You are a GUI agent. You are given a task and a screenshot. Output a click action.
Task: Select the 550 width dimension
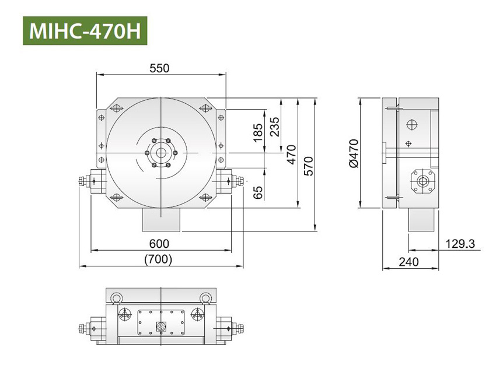click(159, 68)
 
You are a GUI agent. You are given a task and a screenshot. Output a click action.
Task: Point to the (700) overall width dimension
click(158, 259)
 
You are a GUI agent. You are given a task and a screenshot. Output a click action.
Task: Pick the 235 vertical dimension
click(274, 125)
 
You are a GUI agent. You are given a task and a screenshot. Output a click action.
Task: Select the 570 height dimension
click(309, 165)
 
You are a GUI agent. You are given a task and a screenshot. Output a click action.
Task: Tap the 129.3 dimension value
click(460, 243)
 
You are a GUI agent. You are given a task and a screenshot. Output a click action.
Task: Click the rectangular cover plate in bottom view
click(160, 322)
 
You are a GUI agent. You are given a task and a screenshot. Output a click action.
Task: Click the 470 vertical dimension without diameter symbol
click(292, 153)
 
